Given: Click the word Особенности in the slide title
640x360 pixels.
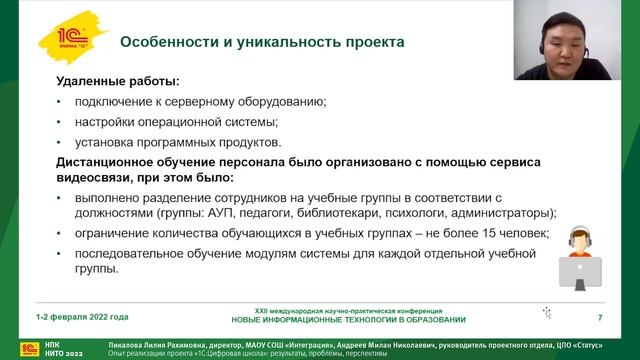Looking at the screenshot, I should pyautogui.click(x=165, y=42).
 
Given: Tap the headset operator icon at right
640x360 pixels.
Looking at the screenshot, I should pyautogui.click(x=579, y=257).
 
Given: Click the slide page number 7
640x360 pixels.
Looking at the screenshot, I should pyautogui.click(x=599, y=317).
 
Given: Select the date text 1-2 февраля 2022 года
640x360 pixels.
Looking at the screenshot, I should pyautogui.click(x=82, y=317).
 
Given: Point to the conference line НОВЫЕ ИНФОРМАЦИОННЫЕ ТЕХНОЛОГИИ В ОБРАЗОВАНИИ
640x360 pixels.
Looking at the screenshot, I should pyautogui.click(x=348, y=320).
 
